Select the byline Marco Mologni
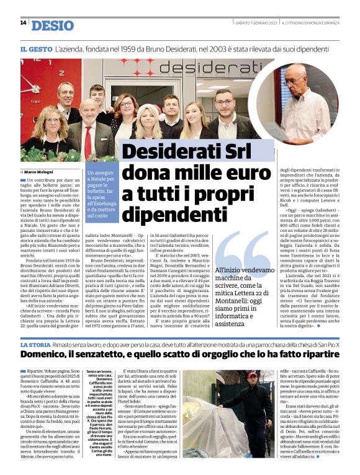(x=39, y=171)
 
